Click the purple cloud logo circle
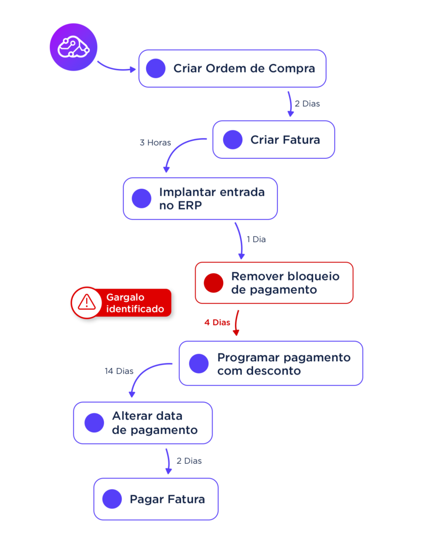(x=73, y=47)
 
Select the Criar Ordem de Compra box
(x=232, y=69)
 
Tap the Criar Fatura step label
(x=285, y=140)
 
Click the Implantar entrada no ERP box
(x=200, y=199)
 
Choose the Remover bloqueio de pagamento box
(x=274, y=283)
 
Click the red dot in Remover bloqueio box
(x=214, y=283)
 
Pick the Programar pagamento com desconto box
(x=270, y=363)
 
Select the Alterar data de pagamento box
(x=143, y=423)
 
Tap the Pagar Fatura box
(x=156, y=499)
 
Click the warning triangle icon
(x=86, y=303)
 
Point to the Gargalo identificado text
(x=135, y=303)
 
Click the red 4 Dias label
(x=217, y=322)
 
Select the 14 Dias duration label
(x=119, y=371)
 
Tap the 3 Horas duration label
(x=155, y=142)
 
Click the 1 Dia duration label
(x=256, y=240)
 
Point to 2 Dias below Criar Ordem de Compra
(x=307, y=104)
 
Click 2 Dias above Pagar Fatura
(x=189, y=461)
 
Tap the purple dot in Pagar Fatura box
(x=112, y=499)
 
